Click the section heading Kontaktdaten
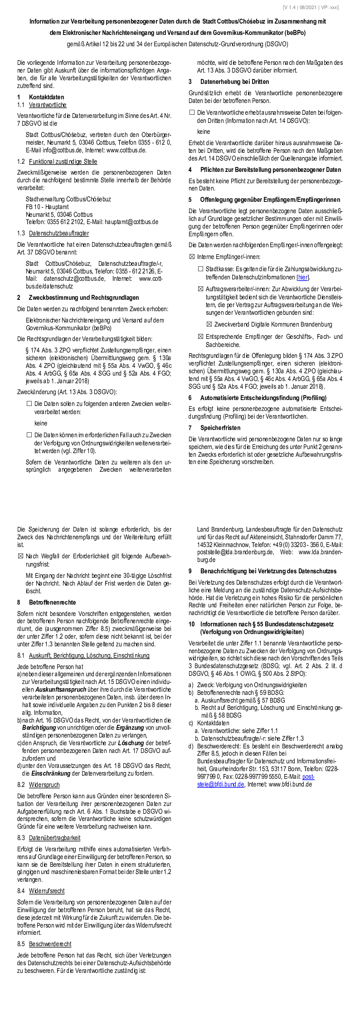coord(46,97)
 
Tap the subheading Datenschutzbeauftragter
coord(58,233)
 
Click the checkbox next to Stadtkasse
coord(200,269)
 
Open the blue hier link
coord(302,277)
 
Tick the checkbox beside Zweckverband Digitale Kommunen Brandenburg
coord(209,324)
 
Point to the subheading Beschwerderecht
coord(50,944)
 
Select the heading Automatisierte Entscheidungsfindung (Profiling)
coord(263,398)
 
